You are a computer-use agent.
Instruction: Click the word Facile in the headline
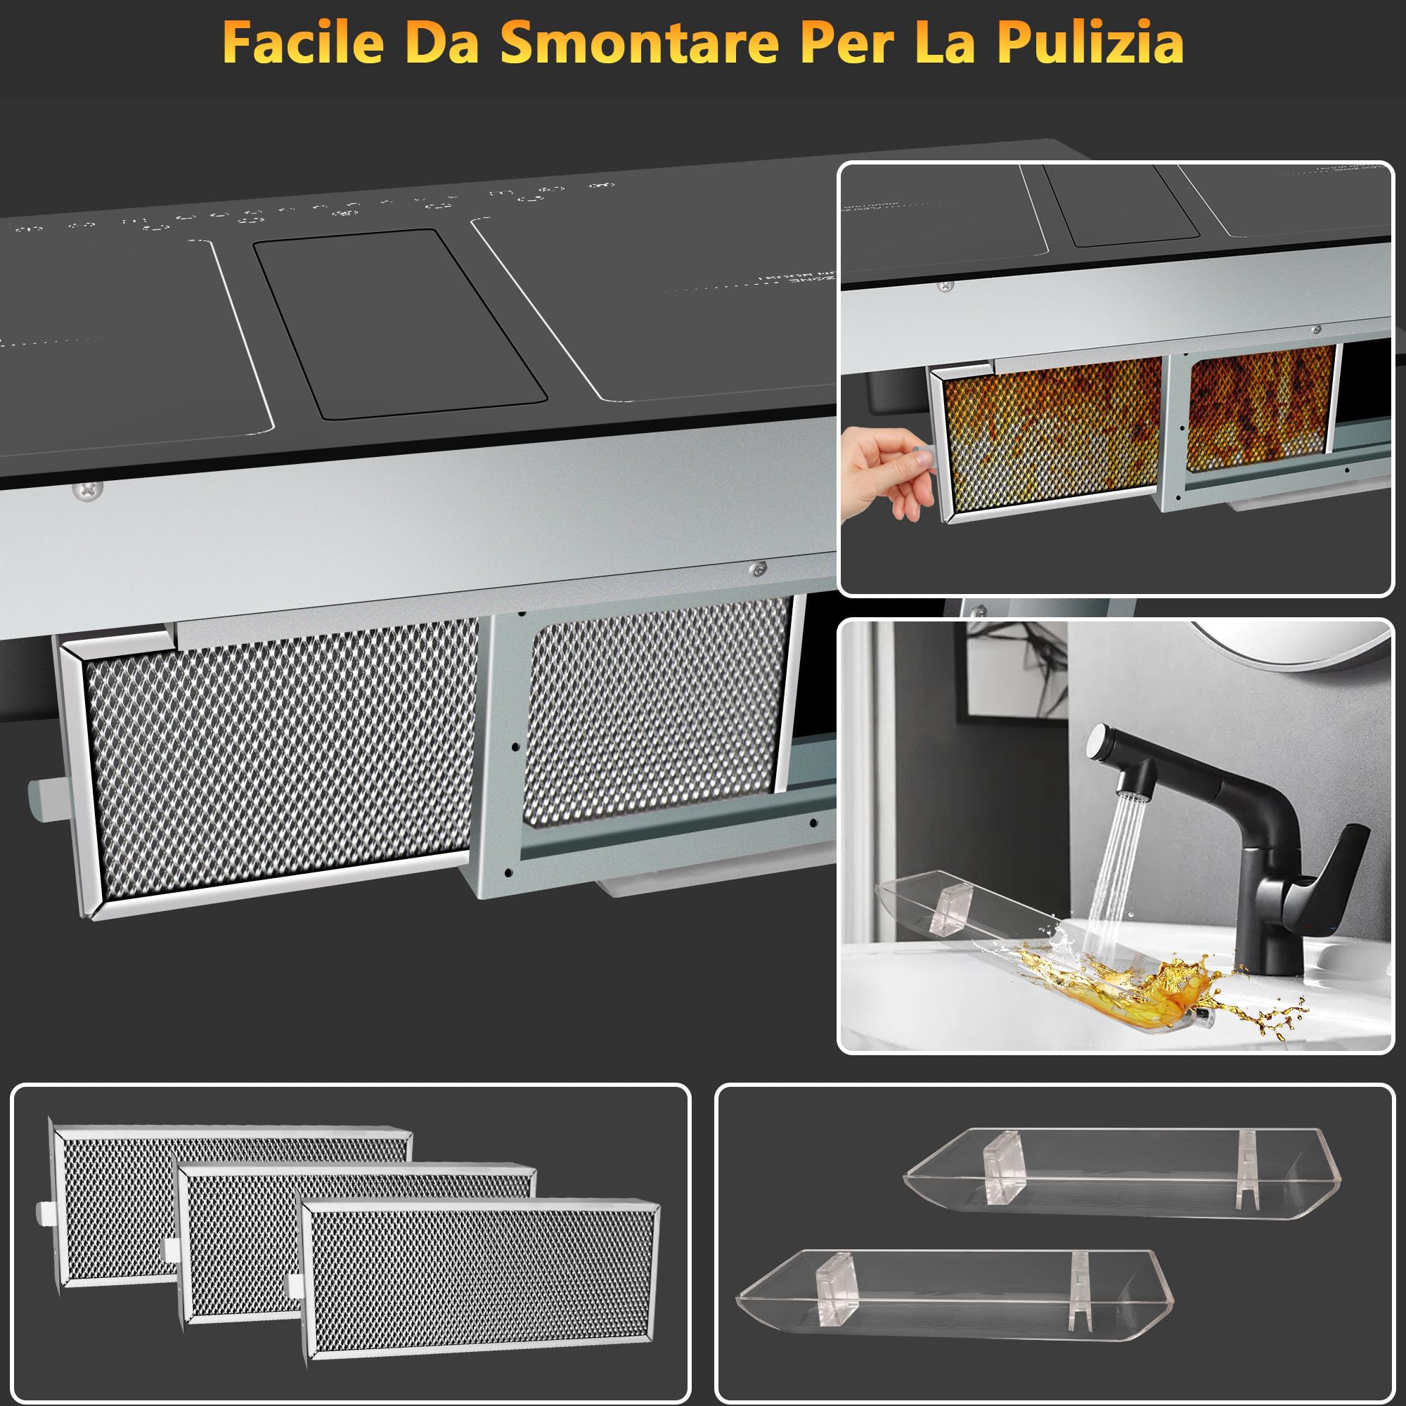coord(303,42)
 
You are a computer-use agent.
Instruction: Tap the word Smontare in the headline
coord(640,42)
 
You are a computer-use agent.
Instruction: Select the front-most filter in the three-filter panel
coord(480,1277)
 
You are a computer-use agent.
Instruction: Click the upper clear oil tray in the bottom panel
coord(1121,1173)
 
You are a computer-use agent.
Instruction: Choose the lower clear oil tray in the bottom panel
coord(953,1296)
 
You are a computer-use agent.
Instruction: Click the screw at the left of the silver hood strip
coord(88,489)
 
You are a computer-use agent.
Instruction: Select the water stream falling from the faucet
coord(1114,859)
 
